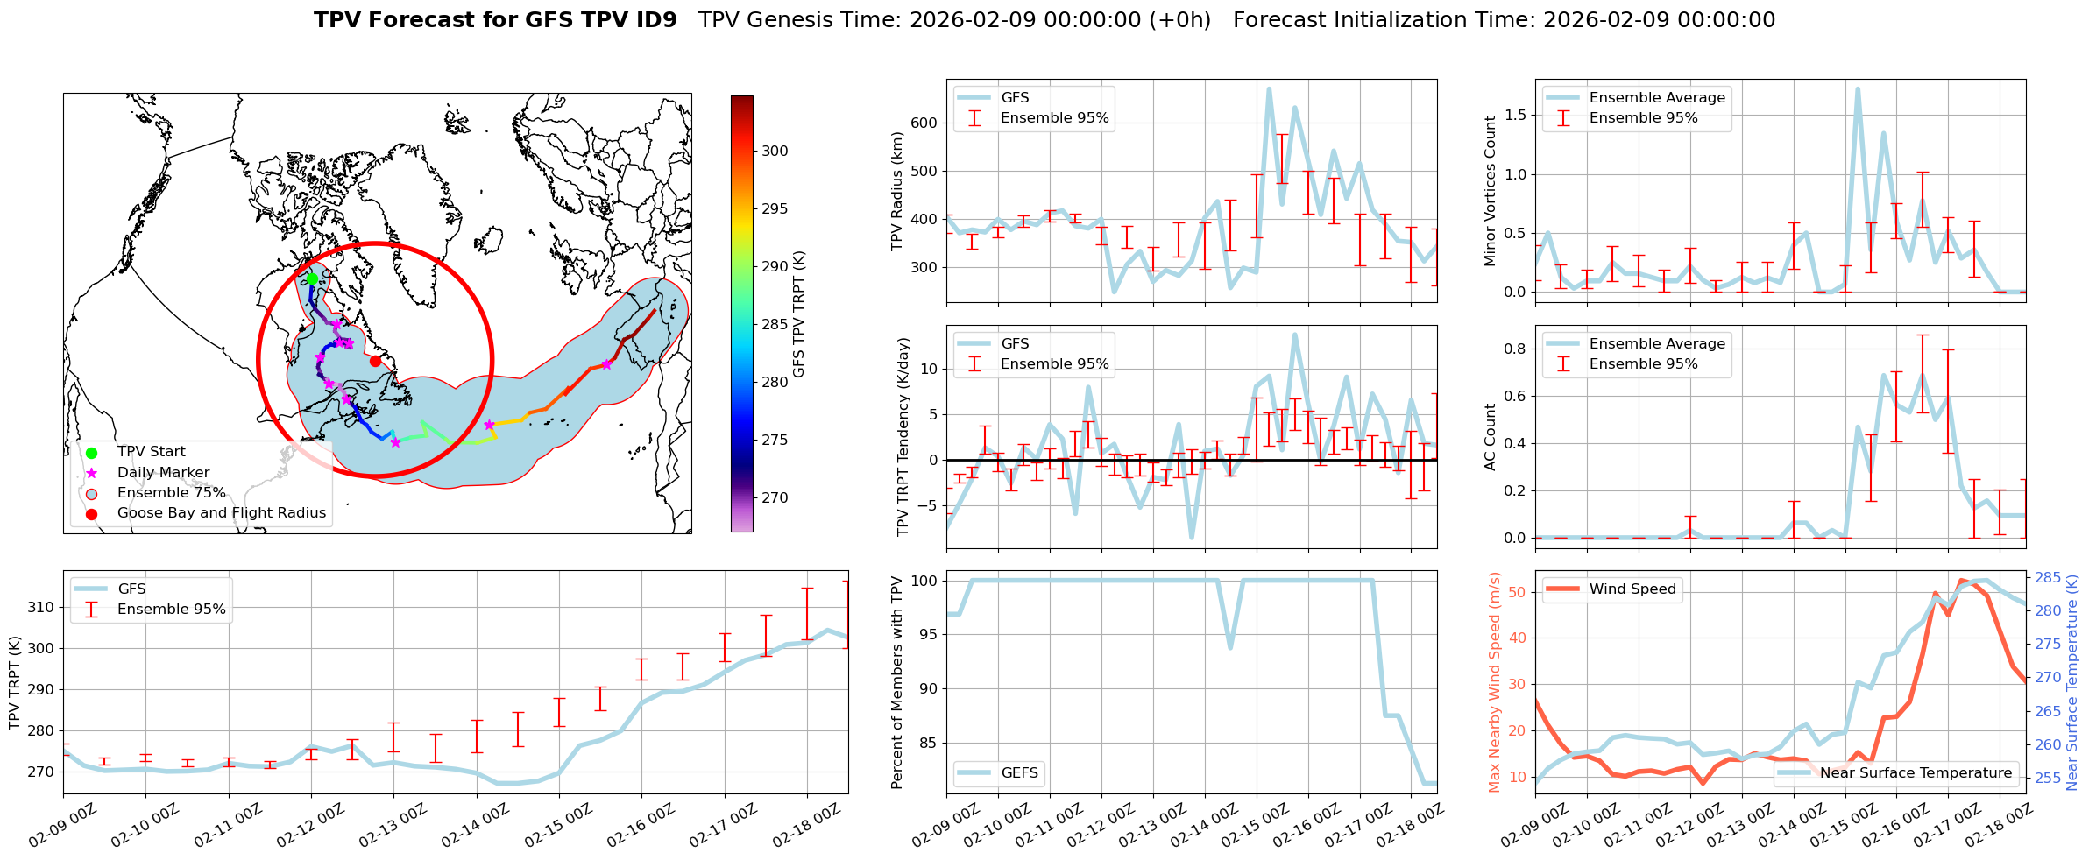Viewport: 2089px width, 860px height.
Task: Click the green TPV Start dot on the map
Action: [312, 278]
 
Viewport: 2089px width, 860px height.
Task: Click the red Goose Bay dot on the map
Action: [375, 361]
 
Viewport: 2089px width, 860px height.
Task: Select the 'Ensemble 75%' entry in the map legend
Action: [171, 493]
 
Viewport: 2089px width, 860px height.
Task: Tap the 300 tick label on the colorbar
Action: [775, 151]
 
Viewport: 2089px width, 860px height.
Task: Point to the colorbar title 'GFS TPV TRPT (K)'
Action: [798, 314]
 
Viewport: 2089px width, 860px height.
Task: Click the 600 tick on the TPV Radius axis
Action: [924, 123]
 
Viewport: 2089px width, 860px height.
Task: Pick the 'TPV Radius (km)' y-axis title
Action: [896, 191]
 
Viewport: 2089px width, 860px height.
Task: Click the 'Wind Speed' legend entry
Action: [1632, 589]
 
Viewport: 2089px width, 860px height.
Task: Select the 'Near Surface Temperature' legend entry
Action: [1915, 772]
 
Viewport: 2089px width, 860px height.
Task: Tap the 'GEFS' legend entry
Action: [1019, 772]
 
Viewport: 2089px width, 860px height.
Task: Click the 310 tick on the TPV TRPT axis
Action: [41, 607]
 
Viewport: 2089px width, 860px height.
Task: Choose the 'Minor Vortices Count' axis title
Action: [1491, 191]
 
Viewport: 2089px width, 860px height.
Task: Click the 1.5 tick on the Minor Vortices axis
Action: [1515, 116]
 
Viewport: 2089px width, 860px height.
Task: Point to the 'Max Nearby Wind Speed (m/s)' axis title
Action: [1494, 682]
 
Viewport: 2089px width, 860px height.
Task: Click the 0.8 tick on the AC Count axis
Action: [1515, 349]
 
